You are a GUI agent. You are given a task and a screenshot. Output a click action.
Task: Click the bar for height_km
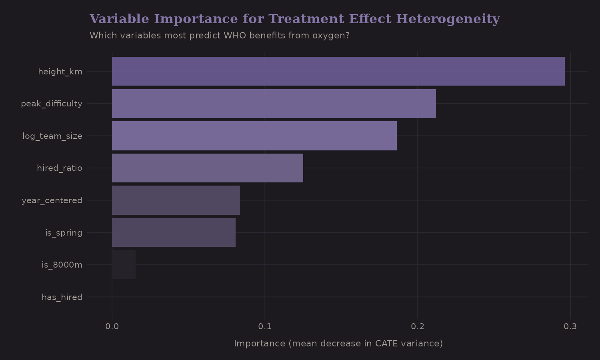[x=338, y=71]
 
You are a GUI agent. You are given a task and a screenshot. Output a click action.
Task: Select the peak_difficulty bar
[x=274, y=104]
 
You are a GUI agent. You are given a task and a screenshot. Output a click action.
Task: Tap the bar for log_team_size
[x=254, y=136]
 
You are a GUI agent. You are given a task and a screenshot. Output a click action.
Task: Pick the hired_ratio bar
[x=207, y=168]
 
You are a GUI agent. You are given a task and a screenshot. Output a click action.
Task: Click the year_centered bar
[x=176, y=200]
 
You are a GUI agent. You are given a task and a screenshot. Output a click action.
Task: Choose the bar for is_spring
[x=174, y=232]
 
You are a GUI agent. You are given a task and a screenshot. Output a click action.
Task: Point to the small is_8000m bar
[x=124, y=264]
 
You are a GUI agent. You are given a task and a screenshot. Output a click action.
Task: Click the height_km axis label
[x=60, y=72]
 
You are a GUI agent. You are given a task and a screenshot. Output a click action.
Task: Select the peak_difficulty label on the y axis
[x=52, y=104]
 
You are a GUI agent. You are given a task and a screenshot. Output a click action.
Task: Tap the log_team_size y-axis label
[x=52, y=136]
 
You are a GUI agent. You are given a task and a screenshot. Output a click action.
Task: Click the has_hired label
[x=62, y=297]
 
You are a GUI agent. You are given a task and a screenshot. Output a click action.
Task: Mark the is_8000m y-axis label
[x=62, y=265]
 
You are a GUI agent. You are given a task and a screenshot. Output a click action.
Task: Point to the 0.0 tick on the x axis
[x=112, y=326]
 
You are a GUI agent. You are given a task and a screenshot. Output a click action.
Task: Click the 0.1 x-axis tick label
[x=265, y=326]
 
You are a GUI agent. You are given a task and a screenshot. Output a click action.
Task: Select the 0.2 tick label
[x=418, y=326]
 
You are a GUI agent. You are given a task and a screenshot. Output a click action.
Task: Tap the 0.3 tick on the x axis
[x=570, y=326]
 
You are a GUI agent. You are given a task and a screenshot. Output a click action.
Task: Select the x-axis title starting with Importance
[x=338, y=344]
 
